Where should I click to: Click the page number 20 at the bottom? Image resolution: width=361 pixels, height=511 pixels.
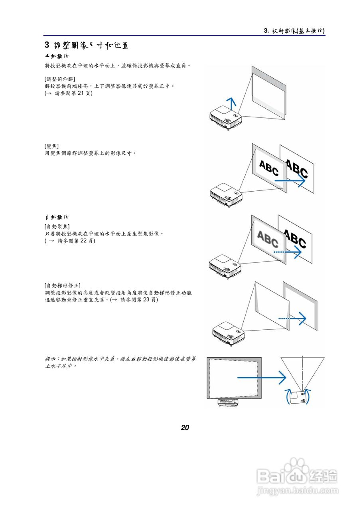pyautogui.click(x=185, y=428)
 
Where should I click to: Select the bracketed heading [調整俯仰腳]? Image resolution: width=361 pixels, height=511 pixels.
pyautogui.click(x=60, y=79)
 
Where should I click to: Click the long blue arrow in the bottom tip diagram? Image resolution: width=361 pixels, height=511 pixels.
pyautogui.click(x=261, y=377)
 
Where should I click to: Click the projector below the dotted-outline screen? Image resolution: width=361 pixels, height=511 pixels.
pyautogui.click(x=228, y=403)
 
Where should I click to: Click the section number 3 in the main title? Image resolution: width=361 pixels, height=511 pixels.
pyautogui.click(x=47, y=45)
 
